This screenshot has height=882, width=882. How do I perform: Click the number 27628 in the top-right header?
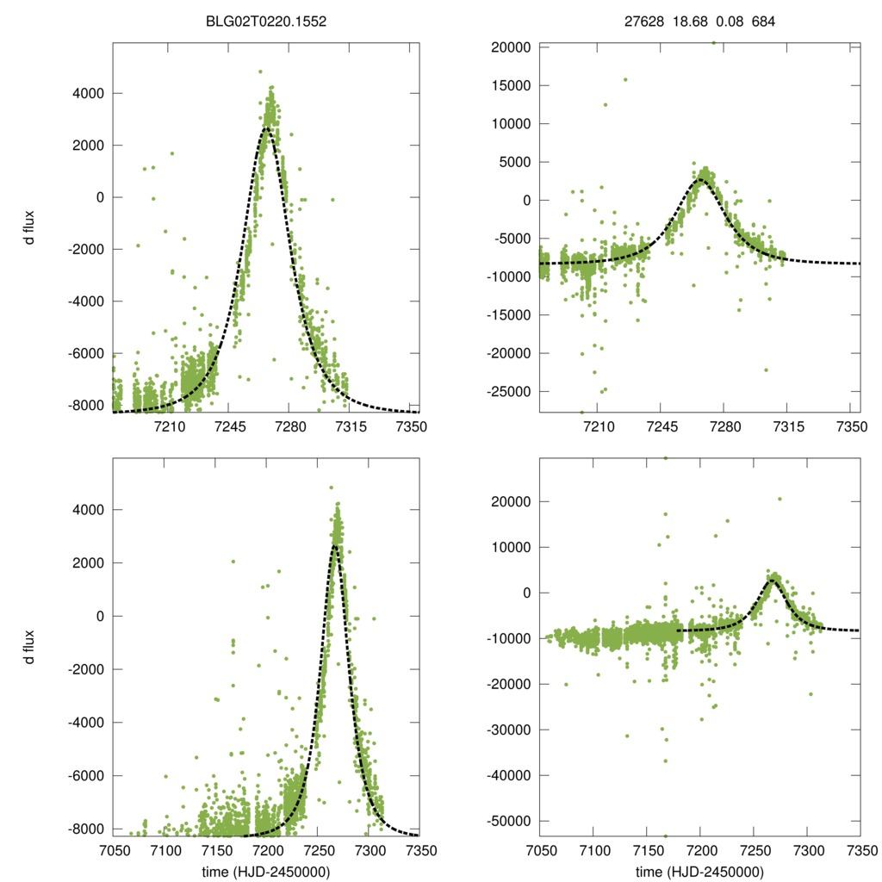643,22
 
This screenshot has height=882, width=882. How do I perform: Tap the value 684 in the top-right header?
764,22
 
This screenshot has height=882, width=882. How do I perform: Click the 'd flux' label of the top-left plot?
30,230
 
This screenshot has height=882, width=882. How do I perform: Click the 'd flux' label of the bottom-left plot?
30,646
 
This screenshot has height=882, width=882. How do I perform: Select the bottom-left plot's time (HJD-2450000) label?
267,872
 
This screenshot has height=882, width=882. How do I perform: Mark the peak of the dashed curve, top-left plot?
267,127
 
